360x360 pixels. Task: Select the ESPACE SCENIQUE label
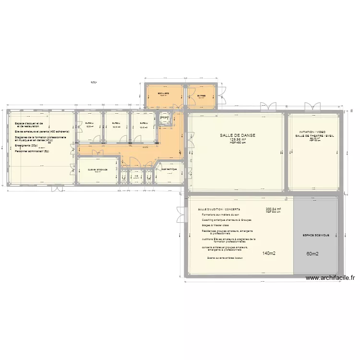(315, 235)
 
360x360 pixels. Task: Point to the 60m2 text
(312, 254)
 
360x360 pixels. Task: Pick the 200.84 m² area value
(273, 209)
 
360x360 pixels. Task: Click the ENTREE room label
(201, 96)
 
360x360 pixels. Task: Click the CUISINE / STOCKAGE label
(97, 169)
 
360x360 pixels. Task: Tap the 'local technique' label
(169, 169)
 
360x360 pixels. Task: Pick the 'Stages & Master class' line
(214, 225)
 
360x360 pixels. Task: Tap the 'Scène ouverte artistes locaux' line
(225, 258)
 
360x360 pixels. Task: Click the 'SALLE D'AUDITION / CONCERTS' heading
(219, 210)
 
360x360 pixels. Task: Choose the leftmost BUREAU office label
(89, 123)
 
